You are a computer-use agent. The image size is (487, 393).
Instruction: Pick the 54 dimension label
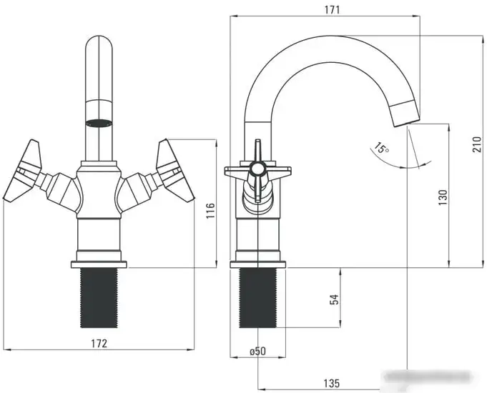tap(334, 299)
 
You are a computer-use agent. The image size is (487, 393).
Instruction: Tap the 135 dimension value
tap(330, 384)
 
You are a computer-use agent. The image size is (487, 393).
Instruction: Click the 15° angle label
tap(381, 149)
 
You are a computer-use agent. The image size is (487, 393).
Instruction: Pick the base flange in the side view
tap(257, 264)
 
